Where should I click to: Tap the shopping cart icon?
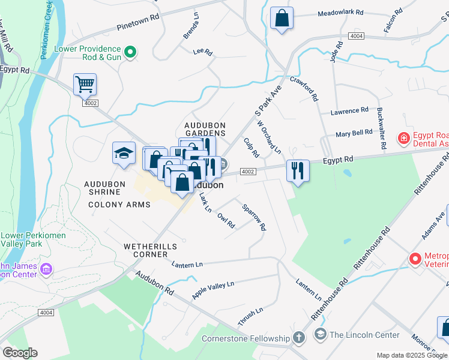[x=85, y=85]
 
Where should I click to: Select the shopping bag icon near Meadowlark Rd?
[x=281, y=18]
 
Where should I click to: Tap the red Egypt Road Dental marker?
[x=404, y=139]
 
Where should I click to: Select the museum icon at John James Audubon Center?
[x=46, y=271]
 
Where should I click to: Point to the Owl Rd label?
[x=226, y=221]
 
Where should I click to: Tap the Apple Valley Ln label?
[x=212, y=290]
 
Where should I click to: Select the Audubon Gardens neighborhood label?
[x=205, y=129]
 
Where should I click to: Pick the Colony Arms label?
[x=119, y=205]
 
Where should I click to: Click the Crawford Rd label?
[x=304, y=88]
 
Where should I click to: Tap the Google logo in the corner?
[x=20, y=353]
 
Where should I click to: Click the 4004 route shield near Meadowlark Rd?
[x=356, y=37]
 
